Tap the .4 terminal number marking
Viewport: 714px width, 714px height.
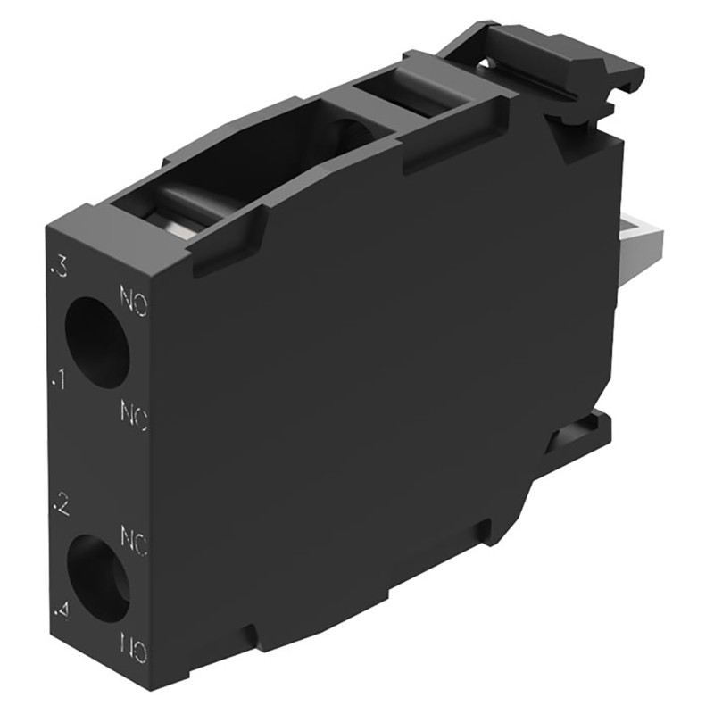61,612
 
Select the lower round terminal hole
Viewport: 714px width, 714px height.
96,577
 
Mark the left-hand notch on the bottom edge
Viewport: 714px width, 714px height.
253,636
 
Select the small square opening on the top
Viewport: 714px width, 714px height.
402,98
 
